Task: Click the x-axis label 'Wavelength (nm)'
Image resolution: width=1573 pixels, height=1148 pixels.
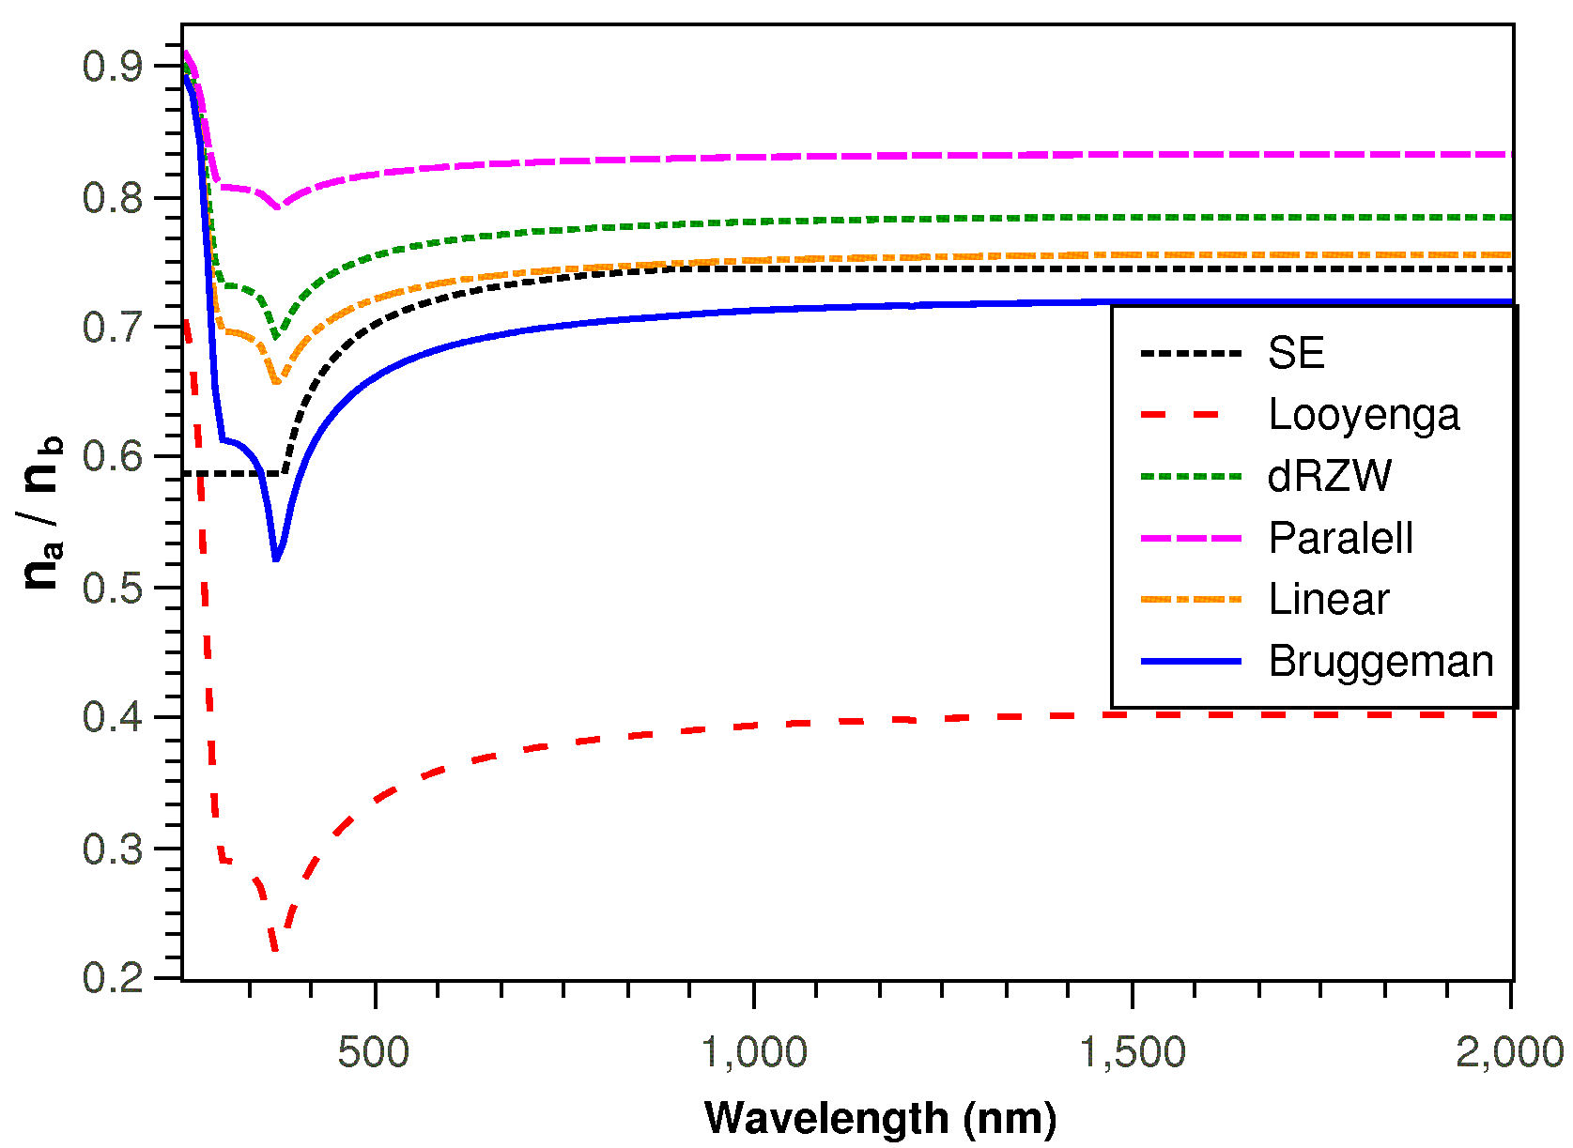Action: pyautogui.click(x=880, y=1117)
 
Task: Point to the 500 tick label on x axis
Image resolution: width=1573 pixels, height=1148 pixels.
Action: pyautogui.click(x=374, y=1052)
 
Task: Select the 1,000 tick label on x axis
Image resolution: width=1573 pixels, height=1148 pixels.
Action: pyautogui.click(x=754, y=1052)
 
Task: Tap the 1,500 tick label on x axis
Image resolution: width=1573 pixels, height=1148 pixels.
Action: pyautogui.click(x=1133, y=1052)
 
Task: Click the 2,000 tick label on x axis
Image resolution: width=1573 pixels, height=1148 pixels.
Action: pyautogui.click(x=1509, y=1052)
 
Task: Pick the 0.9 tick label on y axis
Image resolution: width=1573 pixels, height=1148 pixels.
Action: pyautogui.click(x=112, y=67)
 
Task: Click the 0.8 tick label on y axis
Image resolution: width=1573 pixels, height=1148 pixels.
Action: pyautogui.click(x=112, y=198)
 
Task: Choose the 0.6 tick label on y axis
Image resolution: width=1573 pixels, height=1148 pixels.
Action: pyautogui.click(x=112, y=457)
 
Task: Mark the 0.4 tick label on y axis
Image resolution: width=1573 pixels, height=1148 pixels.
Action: pyautogui.click(x=112, y=718)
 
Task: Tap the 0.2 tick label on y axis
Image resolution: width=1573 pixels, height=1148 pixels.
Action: pyautogui.click(x=112, y=978)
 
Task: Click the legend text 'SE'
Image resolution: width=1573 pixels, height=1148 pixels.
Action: pyautogui.click(x=1296, y=353)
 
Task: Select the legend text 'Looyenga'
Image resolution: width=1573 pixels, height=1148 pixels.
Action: pyautogui.click(x=1364, y=415)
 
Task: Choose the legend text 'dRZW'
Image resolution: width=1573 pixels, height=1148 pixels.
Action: pyautogui.click(x=1329, y=477)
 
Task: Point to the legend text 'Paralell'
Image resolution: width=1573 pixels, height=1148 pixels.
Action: pyautogui.click(x=1340, y=538)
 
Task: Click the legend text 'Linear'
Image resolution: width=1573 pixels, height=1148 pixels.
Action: pyautogui.click(x=1328, y=600)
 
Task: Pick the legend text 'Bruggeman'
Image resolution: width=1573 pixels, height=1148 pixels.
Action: pyautogui.click(x=1380, y=662)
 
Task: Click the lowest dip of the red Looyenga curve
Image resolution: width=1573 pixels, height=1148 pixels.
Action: pyautogui.click(x=274, y=950)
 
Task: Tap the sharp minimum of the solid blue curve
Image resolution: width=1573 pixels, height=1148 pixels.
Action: pyautogui.click(x=275, y=560)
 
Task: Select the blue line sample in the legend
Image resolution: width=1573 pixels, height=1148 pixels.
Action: pyautogui.click(x=1191, y=662)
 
